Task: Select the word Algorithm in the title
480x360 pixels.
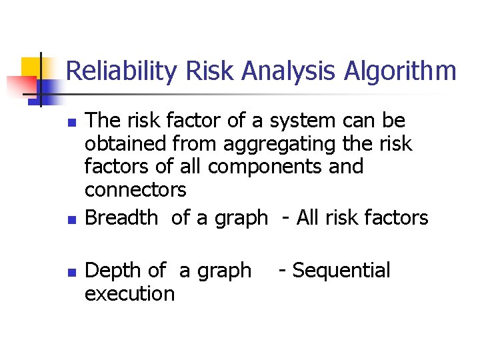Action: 400,71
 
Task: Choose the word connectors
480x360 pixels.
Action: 135,190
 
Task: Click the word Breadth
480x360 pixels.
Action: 122,217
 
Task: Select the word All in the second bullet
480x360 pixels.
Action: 307,217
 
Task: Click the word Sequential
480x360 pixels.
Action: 341,271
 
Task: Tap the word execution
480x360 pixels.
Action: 129,293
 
